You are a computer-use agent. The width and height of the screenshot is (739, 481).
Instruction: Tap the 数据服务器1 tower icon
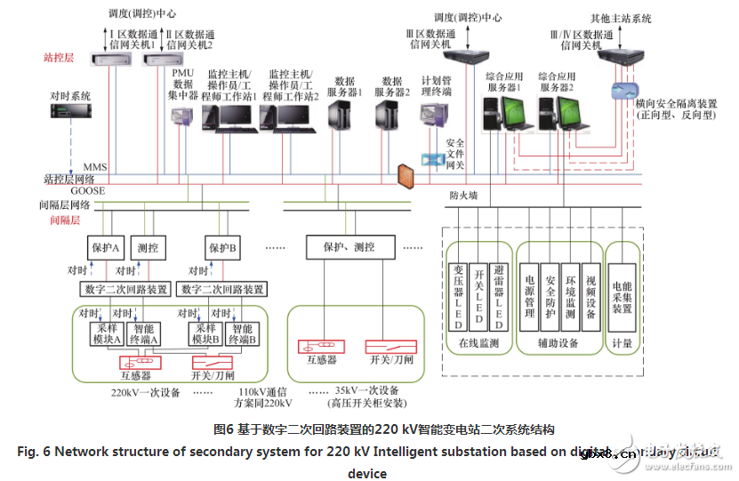341,116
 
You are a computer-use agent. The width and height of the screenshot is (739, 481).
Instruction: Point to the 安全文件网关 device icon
433,159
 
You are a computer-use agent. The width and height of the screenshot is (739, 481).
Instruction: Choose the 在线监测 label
479,342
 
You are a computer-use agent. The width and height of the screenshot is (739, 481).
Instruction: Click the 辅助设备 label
558,342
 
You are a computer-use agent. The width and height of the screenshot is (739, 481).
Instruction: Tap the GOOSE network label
88,190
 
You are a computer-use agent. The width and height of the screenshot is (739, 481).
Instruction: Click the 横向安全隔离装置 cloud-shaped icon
625,91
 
